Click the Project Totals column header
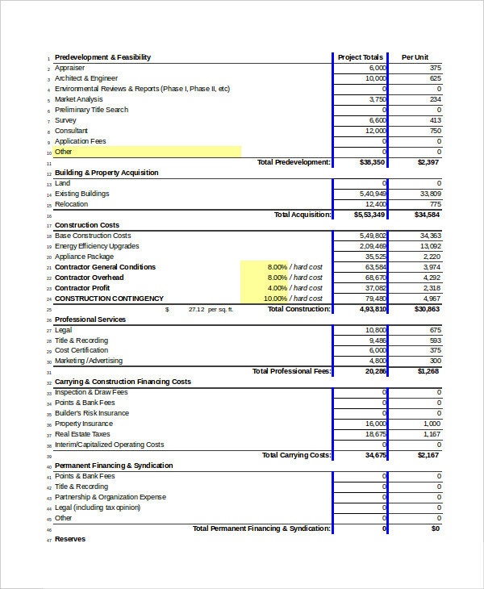360,57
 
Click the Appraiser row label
69,68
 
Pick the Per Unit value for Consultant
435,131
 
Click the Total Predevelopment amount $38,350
372,162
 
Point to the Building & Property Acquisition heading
106,173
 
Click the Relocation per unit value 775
435,204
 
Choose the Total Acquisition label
302,215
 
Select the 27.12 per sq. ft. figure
196,309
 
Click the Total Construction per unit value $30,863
427,309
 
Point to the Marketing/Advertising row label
89,361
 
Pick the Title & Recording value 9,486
376,340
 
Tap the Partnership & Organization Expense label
110,497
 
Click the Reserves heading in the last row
70,539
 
